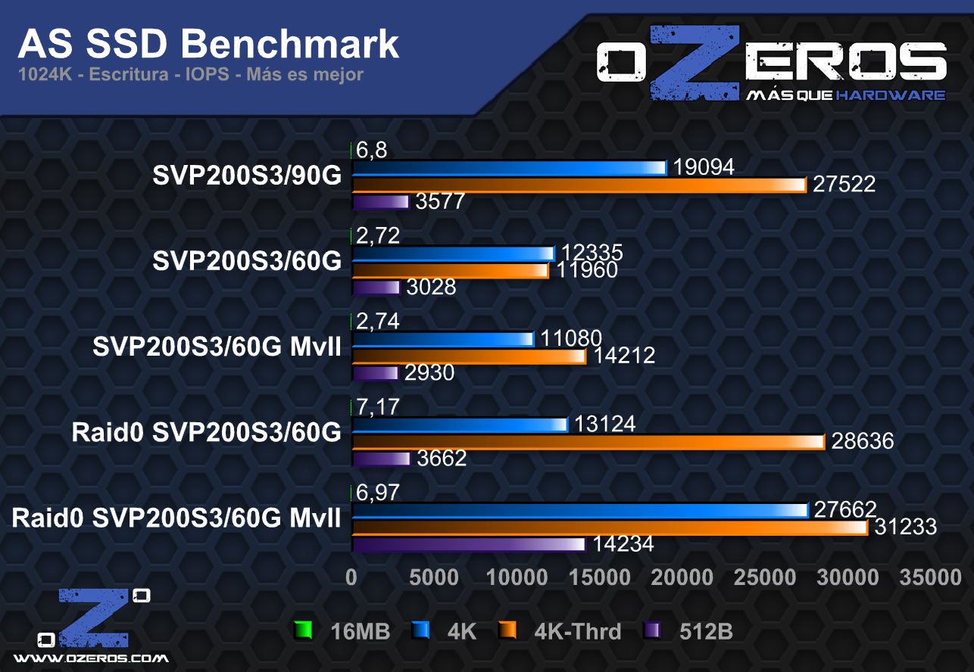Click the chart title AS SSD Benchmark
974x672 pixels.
click(208, 44)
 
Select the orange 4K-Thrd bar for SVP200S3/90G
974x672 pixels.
click(579, 185)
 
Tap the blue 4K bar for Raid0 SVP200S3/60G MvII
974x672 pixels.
click(580, 510)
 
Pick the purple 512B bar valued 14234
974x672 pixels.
click(469, 544)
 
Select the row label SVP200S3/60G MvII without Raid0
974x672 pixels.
click(217, 347)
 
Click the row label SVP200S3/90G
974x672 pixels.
click(247, 176)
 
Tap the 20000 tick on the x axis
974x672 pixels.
click(682, 577)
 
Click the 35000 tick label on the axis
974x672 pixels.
click(930, 577)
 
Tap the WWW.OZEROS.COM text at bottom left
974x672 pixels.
click(91, 658)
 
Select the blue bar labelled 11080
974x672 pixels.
click(443, 338)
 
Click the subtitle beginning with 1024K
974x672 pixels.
click(190, 75)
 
